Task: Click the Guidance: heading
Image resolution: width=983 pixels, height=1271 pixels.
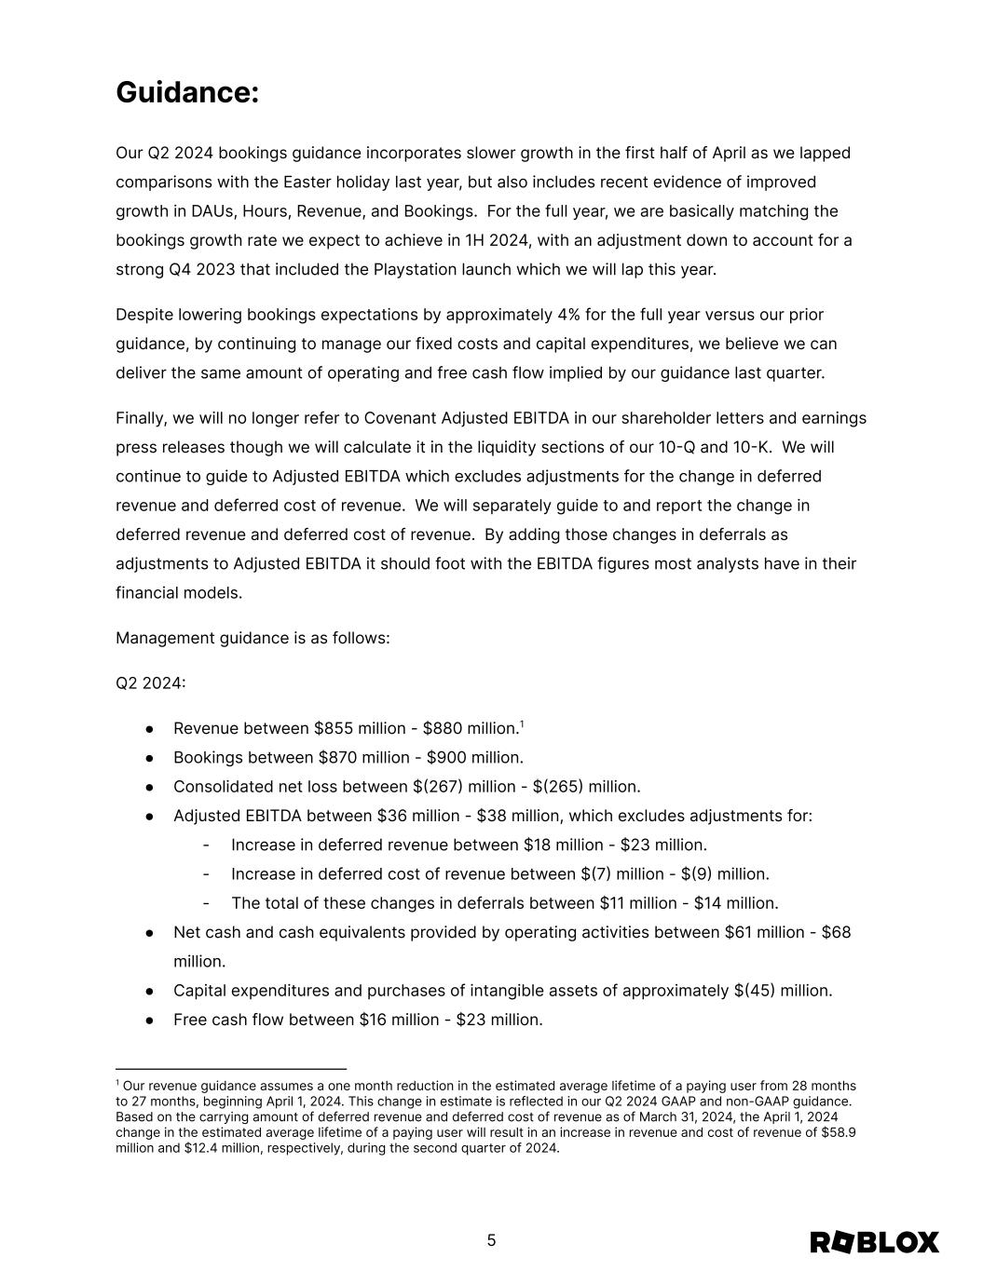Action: click(x=187, y=93)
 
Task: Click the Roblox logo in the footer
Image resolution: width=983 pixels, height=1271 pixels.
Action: click(x=874, y=1242)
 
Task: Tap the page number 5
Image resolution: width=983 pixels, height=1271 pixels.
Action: click(x=491, y=1240)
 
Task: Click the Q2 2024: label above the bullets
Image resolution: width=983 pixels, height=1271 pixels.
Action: click(x=151, y=683)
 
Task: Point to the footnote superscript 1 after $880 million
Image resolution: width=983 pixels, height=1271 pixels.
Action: click(x=522, y=723)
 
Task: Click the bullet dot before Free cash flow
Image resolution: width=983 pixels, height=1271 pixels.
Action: click(x=150, y=1020)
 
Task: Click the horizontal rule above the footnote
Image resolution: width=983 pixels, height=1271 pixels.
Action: click(x=231, y=1069)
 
